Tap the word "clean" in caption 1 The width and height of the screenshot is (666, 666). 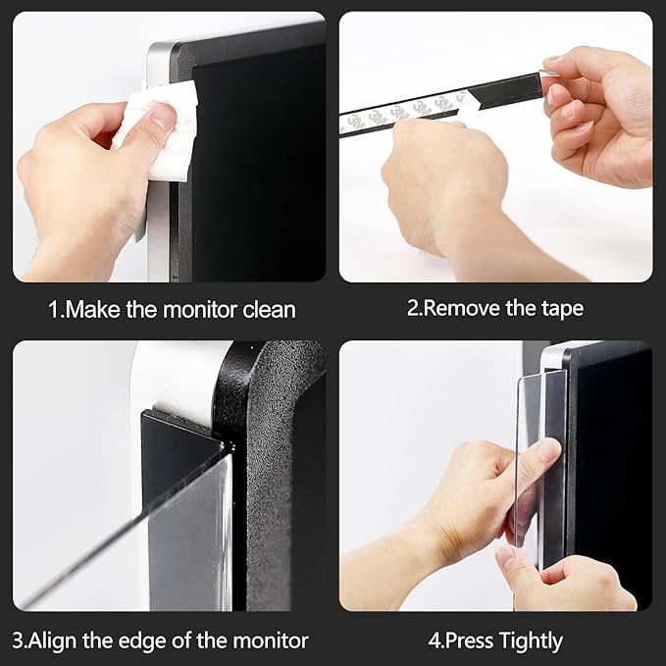tap(265, 309)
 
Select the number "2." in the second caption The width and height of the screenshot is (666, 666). tap(416, 308)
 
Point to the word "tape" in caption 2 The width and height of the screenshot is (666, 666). tap(561, 308)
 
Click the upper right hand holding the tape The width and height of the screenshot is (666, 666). tap(598, 108)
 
